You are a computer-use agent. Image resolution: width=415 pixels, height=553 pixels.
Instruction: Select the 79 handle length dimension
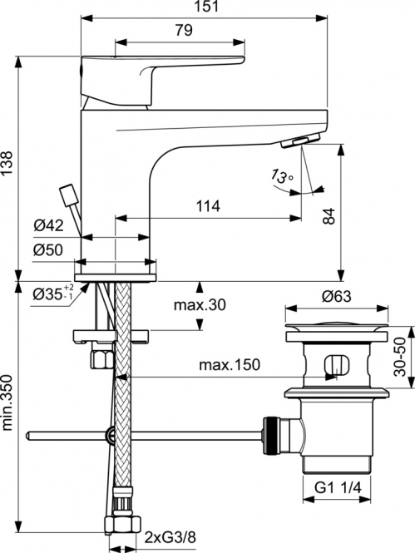(x=184, y=30)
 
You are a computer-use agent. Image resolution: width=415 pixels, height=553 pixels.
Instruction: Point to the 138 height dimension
(x=7, y=163)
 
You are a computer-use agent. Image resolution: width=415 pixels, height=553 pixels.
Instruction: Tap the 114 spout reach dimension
(x=208, y=206)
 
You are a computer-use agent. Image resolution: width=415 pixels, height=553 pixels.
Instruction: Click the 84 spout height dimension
(x=329, y=216)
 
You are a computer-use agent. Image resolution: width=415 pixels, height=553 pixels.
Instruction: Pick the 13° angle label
(x=282, y=175)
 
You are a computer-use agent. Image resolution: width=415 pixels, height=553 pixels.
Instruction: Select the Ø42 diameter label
(x=49, y=225)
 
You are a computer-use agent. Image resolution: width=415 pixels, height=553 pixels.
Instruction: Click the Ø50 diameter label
(x=48, y=250)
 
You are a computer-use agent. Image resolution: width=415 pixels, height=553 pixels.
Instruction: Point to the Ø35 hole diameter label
(x=53, y=293)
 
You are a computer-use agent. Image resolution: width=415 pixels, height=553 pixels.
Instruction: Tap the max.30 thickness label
(x=200, y=304)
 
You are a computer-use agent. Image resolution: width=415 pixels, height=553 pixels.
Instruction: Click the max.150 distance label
(x=230, y=365)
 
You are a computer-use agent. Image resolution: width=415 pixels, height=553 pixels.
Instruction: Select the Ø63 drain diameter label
(x=336, y=296)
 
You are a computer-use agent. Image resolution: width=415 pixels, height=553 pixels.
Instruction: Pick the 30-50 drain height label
(x=400, y=357)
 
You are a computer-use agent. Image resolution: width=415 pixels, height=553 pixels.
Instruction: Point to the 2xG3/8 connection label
(x=170, y=537)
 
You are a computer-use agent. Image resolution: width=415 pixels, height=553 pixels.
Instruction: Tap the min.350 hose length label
(x=7, y=402)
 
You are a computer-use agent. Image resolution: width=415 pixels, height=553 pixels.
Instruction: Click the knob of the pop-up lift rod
(x=69, y=195)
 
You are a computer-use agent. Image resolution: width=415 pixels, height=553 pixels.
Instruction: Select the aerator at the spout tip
(x=300, y=141)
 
